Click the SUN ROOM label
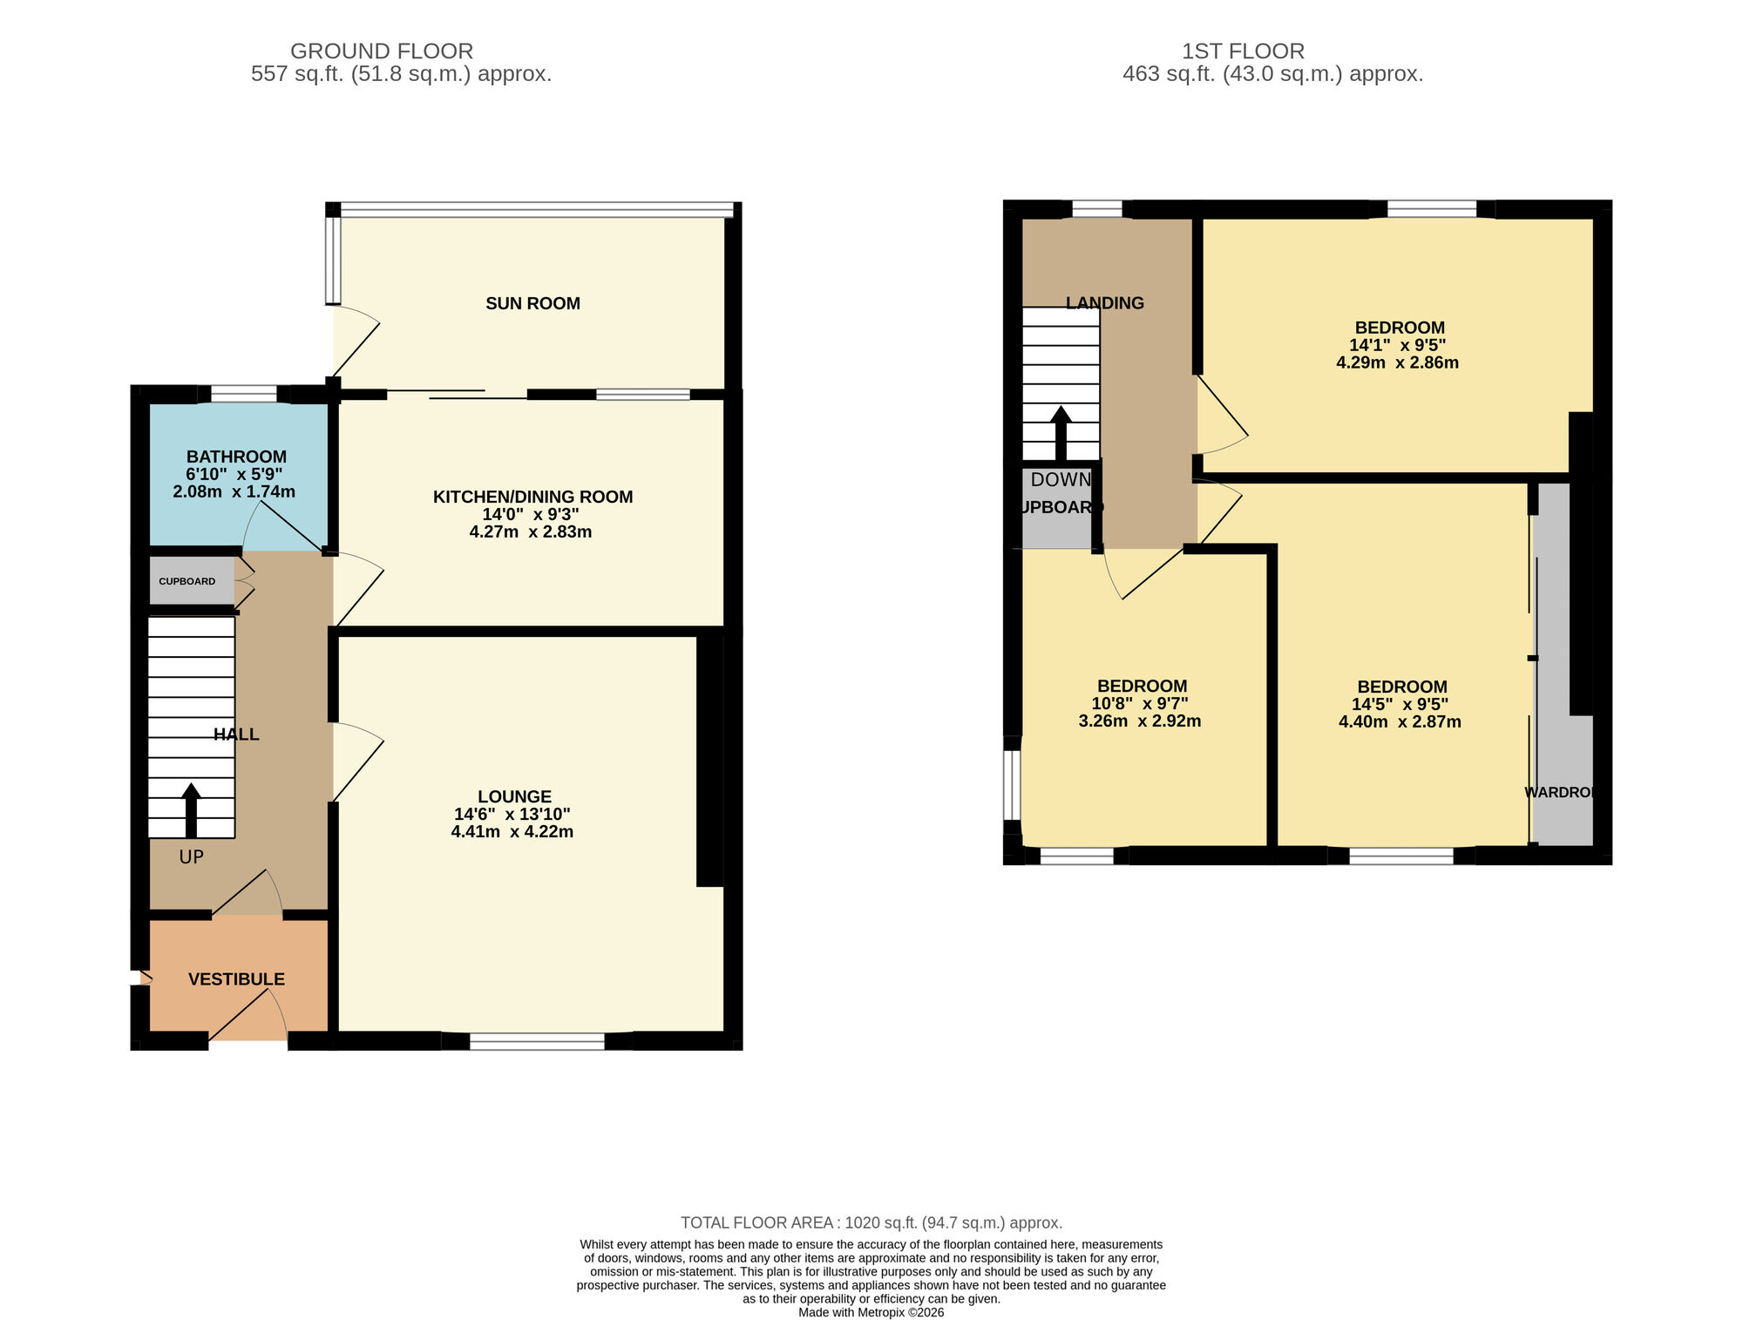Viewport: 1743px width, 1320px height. click(532, 303)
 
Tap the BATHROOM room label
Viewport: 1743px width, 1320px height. click(236, 457)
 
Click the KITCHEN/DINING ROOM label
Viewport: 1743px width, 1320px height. click(532, 497)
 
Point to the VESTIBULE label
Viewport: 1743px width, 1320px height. click(236, 979)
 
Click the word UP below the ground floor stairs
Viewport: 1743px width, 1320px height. click(191, 857)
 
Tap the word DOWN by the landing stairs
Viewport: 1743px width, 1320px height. click(1061, 480)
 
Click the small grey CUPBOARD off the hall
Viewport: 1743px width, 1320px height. click(187, 581)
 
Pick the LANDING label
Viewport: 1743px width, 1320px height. click(1104, 303)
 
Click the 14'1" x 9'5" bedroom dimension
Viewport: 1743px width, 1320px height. click(1397, 345)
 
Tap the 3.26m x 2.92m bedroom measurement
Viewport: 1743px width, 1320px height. click(1139, 721)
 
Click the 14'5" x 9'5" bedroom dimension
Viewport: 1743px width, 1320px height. click(1400, 704)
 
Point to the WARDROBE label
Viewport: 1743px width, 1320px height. click(1561, 792)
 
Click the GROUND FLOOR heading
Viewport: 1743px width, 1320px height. click(381, 51)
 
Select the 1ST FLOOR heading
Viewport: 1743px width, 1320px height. click(1243, 51)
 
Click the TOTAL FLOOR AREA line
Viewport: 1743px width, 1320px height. click(871, 1222)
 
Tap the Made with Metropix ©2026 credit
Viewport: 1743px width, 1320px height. click(871, 1312)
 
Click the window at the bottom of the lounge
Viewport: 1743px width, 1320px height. click(537, 1041)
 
